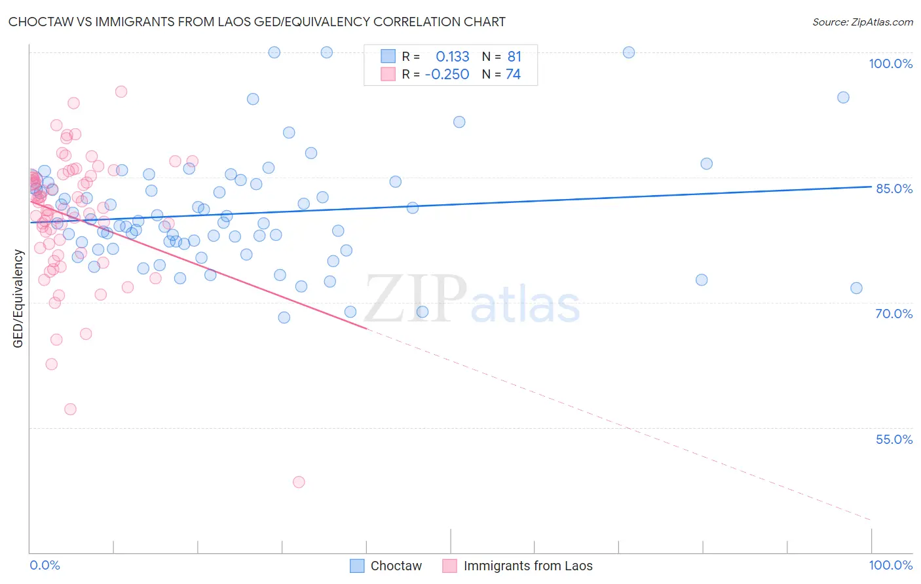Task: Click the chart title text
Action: click(x=257, y=22)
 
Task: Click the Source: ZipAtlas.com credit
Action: click(x=862, y=22)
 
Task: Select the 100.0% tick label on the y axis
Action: click(x=890, y=64)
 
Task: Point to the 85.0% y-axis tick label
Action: click(x=893, y=189)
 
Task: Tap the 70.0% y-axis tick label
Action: click(x=893, y=314)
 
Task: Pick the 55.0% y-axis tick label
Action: click(x=893, y=439)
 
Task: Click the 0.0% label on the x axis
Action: click(x=45, y=565)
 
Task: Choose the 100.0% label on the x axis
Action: click(x=890, y=565)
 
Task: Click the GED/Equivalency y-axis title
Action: click(x=18, y=299)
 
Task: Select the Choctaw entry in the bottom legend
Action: click(x=396, y=566)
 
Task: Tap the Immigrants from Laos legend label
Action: click(x=527, y=566)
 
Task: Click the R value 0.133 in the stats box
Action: click(x=452, y=57)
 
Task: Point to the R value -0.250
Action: click(x=447, y=75)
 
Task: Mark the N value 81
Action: click(x=514, y=57)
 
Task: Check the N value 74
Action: click(x=513, y=75)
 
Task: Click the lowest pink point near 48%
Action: click(x=299, y=482)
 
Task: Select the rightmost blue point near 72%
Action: click(x=856, y=288)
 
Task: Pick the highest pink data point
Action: click(x=121, y=92)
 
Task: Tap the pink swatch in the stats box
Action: click(x=388, y=74)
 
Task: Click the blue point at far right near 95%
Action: click(x=843, y=98)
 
